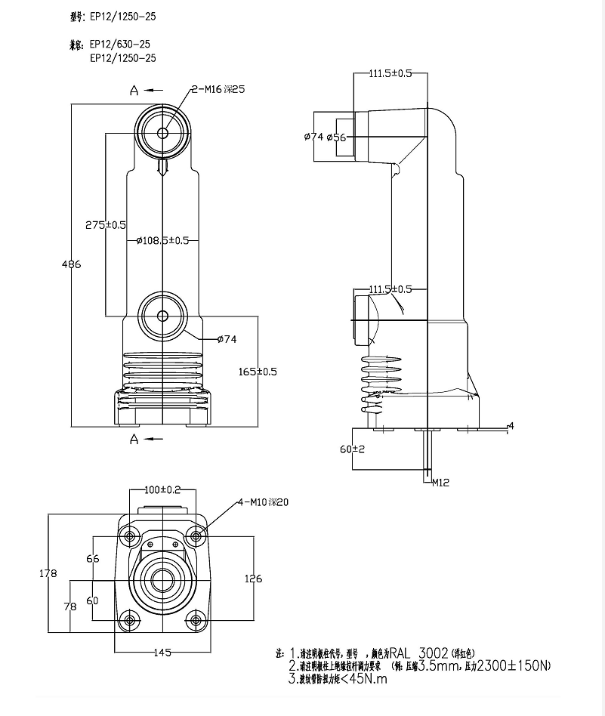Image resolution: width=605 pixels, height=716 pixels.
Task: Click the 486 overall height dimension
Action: point(71,264)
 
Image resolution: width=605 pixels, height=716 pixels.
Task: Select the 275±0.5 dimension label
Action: point(106,225)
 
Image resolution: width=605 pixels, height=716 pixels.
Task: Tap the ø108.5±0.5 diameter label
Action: point(162,241)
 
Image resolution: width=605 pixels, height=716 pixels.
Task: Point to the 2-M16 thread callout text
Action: point(218,89)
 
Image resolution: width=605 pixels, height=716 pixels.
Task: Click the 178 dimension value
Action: point(48,574)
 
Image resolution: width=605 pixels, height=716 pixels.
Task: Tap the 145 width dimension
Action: point(162,652)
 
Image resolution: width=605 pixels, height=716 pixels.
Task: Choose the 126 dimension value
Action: point(254,579)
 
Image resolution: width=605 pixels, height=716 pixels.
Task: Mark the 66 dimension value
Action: point(93,559)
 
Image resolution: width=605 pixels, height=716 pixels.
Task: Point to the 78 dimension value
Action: point(70,607)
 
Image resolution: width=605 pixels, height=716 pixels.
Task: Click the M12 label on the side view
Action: point(441,482)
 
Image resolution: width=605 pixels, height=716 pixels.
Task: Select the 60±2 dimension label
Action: point(352,449)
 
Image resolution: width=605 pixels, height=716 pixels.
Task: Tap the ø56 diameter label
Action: point(336,137)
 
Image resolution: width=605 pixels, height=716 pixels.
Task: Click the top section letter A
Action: point(134,91)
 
